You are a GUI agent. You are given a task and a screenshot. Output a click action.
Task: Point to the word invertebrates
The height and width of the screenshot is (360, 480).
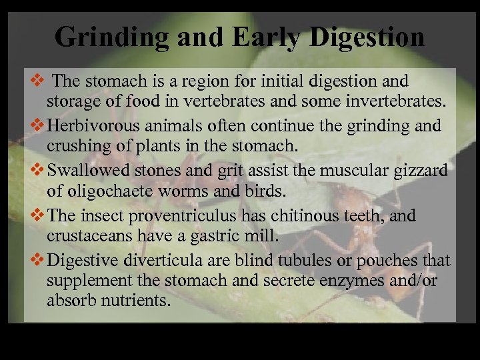coord(385,101)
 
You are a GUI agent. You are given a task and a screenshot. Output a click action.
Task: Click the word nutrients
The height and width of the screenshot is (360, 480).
coord(132,300)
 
